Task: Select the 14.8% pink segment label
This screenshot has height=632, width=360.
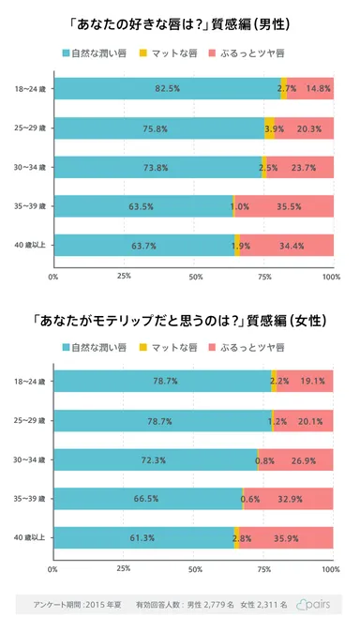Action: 319,88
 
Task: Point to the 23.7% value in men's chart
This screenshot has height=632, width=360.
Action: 314,168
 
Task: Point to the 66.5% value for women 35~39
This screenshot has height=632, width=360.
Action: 146,499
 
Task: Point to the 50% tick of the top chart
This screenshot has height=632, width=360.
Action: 195,277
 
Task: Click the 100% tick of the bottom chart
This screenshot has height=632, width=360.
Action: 331,569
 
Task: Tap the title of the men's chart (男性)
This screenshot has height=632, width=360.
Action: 180,18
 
